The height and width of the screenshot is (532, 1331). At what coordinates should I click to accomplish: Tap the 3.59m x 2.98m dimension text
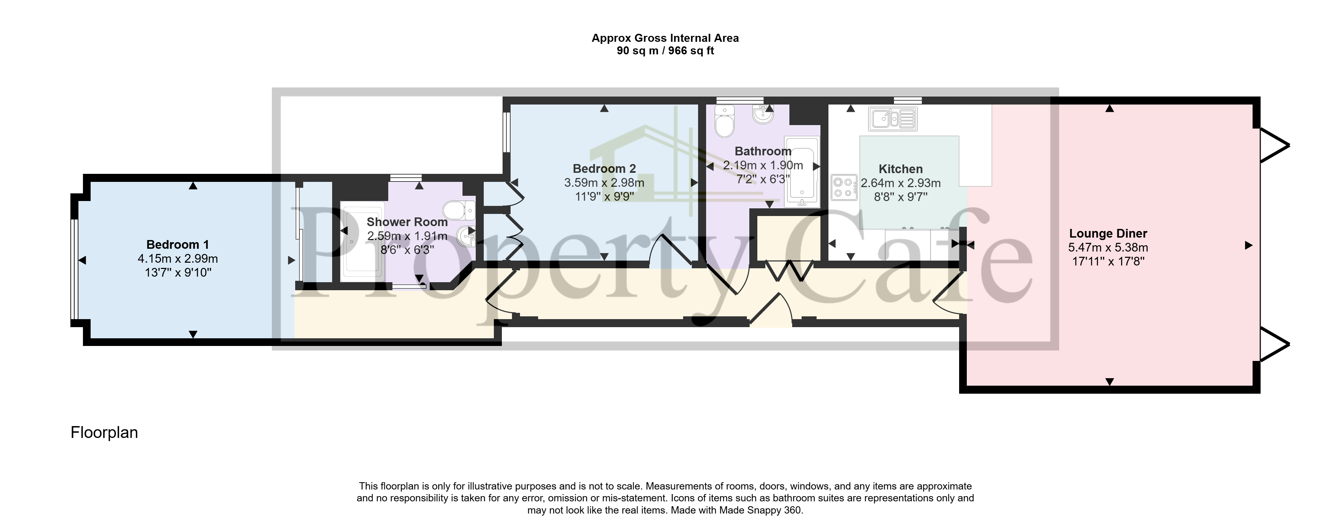(x=604, y=183)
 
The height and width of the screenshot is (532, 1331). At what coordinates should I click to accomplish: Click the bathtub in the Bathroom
(x=801, y=170)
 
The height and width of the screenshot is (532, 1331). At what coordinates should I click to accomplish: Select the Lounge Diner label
(x=1108, y=233)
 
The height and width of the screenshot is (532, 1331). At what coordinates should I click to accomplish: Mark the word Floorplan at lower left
(x=104, y=432)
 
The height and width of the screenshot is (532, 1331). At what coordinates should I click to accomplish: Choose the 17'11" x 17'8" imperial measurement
(x=1108, y=261)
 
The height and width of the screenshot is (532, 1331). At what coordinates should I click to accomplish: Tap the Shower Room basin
(x=467, y=236)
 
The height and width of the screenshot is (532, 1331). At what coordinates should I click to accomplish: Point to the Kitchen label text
(x=900, y=169)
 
